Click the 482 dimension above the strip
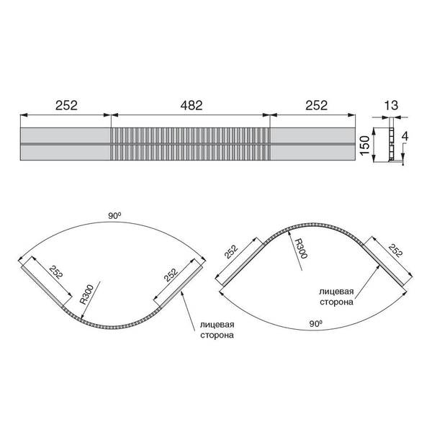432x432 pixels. tap(192, 105)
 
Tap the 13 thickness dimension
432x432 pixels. tap(391, 105)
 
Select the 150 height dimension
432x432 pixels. tap(364, 145)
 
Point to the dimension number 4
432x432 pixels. tap(405, 137)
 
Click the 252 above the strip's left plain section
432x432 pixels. tap(66, 105)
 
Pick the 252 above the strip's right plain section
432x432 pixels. tap(316, 105)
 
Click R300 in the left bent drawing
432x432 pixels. tap(87, 294)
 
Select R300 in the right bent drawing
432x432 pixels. tap(301, 249)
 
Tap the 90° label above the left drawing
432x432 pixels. tap(114, 216)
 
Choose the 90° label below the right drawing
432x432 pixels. tap(316, 324)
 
